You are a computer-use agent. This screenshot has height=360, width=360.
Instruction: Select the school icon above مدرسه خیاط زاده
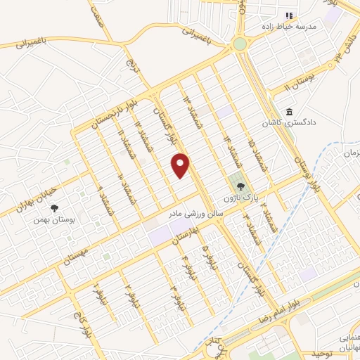(x=288, y=15)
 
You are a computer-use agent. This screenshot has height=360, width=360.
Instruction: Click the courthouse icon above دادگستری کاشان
(x=289, y=112)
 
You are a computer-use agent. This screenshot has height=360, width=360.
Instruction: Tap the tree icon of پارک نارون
(x=241, y=187)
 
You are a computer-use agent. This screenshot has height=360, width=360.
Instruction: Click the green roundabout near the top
(x=240, y=44)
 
